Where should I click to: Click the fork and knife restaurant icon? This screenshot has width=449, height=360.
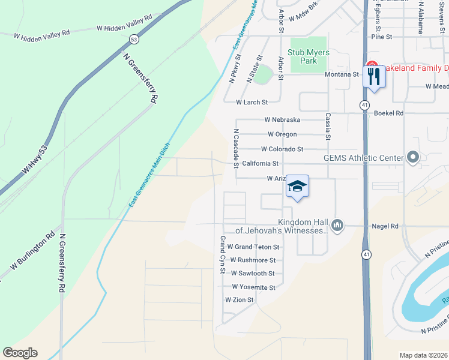click(373, 76)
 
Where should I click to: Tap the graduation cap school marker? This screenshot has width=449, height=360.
click(297, 187)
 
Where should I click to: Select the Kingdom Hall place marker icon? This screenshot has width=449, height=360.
click(337, 226)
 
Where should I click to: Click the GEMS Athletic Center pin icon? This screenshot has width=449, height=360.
click(412, 158)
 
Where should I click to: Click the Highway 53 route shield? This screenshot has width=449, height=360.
click(133, 39)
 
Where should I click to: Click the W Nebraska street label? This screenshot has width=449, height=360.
click(282, 120)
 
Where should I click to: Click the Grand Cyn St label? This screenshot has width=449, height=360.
click(222, 255)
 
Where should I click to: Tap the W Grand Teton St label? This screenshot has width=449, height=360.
click(253, 247)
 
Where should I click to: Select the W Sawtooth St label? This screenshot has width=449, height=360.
click(252, 273)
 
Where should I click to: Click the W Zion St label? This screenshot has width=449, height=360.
click(240, 299)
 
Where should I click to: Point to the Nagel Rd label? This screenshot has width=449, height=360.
click(385, 226)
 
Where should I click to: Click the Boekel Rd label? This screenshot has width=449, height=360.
click(389, 113)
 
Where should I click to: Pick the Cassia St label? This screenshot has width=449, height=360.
click(328, 127)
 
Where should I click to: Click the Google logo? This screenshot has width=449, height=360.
click(20, 353)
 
